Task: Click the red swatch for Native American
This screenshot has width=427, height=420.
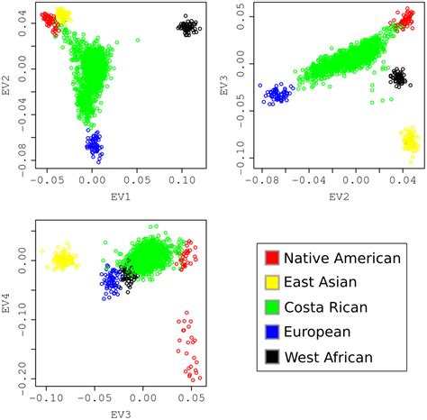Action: (x=269, y=258)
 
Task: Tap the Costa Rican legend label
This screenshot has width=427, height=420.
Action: (x=325, y=307)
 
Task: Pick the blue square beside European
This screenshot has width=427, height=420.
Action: (x=269, y=333)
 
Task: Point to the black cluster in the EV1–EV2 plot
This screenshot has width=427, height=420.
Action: (x=188, y=26)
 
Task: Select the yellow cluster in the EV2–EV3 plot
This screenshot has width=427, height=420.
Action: (x=410, y=140)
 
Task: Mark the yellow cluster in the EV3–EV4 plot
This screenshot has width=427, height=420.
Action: (x=64, y=260)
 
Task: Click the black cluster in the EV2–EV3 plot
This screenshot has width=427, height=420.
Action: (x=397, y=78)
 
